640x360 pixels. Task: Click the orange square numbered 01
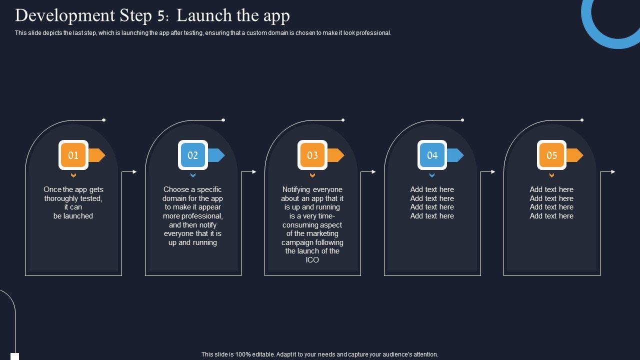click(73, 155)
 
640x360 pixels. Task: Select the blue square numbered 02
click(193, 155)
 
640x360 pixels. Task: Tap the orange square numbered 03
click(312, 155)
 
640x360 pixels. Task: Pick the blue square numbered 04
click(432, 155)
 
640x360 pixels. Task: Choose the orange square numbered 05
click(551, 155)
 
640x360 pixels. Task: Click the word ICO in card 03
click(312, 260)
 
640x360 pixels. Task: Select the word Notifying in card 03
click(296, 189)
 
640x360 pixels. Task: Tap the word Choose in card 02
click(175, 189)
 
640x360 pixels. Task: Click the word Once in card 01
click(52, 189)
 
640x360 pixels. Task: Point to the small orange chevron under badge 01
click(73, 175)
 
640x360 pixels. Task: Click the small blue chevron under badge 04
click(432, 175)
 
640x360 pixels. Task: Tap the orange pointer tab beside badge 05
click(574, 155)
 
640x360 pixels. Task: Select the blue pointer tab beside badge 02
click(216, 155)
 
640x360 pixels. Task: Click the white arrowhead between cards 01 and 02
click(135, 171)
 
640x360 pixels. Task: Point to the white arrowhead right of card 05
click(613, 171)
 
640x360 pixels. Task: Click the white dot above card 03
click(343, 120)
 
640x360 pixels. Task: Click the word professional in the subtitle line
click(373, 33)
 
